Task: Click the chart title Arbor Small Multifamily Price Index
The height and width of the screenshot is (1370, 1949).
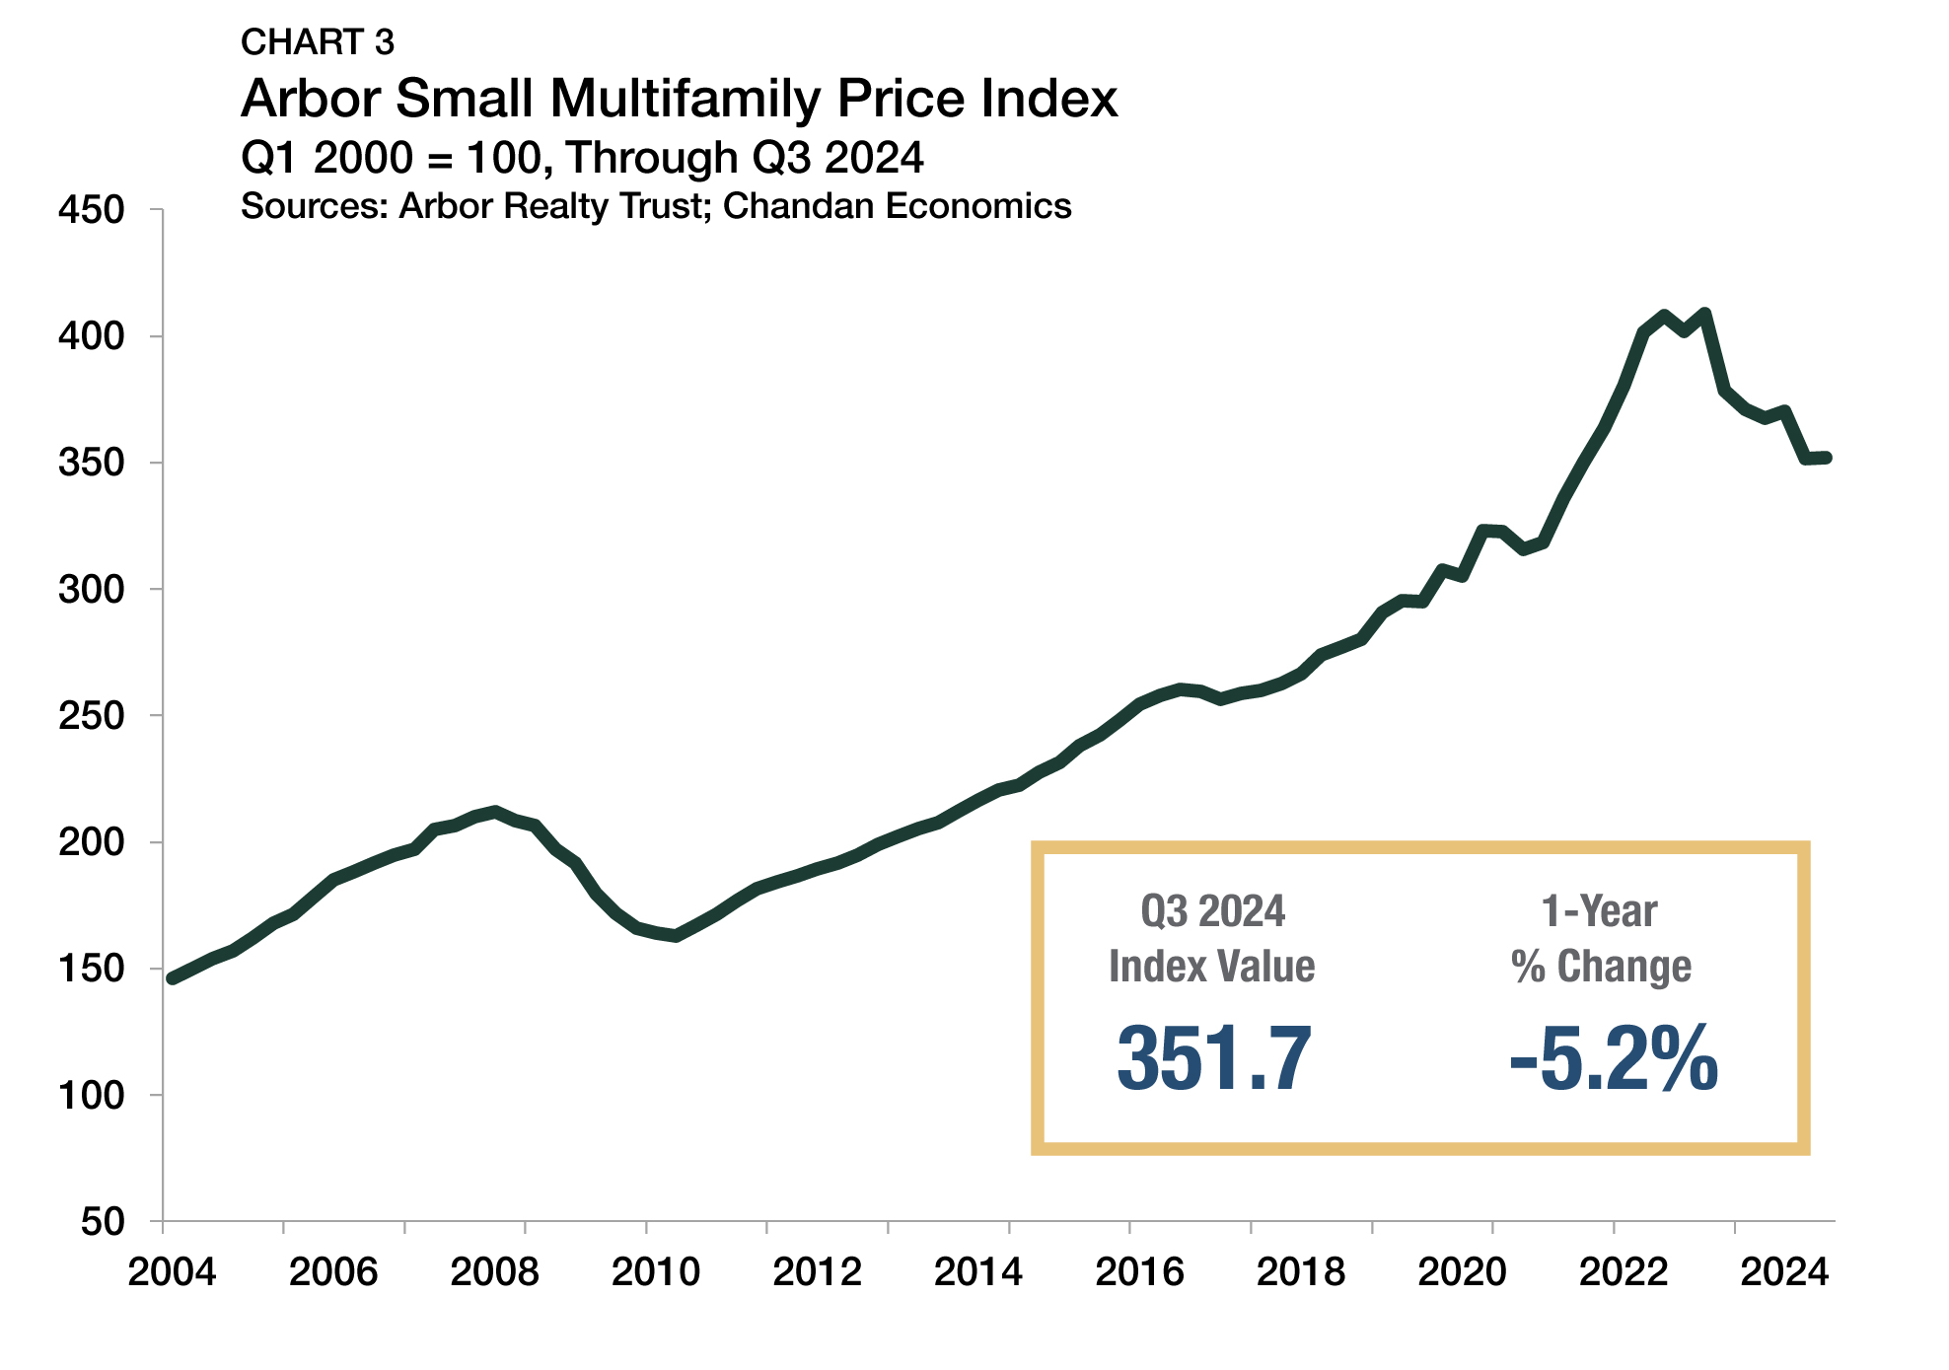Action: [679, 99]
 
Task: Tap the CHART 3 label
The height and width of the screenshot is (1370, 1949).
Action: [317, 42]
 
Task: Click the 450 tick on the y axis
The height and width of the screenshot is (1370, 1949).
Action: [92, 210]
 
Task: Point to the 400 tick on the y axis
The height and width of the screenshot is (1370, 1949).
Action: [92, 336]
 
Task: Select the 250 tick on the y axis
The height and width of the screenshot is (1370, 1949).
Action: [92, 716]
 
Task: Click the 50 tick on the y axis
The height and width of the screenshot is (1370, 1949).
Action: [103, 1222]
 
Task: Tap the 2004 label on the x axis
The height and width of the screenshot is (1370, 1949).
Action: [173, 1272]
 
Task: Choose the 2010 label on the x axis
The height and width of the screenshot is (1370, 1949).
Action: [656, 1272]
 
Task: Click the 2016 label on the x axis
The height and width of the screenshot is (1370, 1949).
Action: [1139, 1272]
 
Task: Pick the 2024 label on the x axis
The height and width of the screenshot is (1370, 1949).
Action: [1784, 1272]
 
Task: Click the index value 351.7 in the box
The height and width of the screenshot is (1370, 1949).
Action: [1213, 1059]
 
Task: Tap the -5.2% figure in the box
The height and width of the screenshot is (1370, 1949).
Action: [1614, 1059]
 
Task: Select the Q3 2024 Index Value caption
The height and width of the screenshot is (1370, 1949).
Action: [1212, 939]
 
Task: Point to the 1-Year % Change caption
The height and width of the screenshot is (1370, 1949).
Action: [1601, 939]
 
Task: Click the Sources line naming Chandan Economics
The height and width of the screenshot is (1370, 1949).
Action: [656, 206]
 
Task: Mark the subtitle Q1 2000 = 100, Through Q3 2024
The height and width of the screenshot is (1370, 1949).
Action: [582, 158]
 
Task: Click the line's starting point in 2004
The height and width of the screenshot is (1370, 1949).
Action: [173, 978]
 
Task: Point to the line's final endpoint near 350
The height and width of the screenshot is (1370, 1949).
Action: [1826, 458]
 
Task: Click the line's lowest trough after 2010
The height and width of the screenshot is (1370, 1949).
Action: [676, 935]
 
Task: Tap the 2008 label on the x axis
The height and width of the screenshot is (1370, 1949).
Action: [494, 1272]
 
